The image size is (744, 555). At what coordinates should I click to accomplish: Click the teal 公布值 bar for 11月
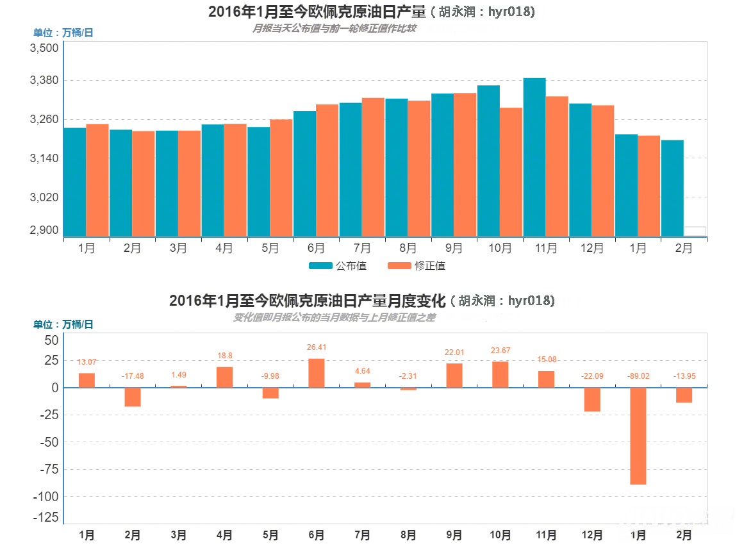point(534,157)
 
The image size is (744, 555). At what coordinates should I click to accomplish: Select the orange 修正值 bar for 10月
point(511,172)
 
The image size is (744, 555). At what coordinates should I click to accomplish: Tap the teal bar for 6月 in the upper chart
point(304,173)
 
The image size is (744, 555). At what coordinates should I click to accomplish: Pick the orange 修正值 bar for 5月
point(281,178)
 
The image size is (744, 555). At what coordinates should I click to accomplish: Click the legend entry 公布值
point(338,265)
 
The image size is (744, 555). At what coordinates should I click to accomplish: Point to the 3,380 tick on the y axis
point(45,81)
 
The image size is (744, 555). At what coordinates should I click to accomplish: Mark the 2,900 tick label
point(45,230)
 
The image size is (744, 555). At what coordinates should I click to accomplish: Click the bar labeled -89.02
point(638,436)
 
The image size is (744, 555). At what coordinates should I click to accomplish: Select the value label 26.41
point(317,347)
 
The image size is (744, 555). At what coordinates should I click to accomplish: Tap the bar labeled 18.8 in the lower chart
point(224,377)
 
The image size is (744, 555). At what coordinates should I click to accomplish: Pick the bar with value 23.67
point(500,374)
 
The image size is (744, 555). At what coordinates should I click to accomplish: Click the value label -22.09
point(592,376)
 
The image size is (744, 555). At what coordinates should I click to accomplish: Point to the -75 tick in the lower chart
point(49,469)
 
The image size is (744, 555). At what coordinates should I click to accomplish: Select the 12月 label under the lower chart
point(592,535)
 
